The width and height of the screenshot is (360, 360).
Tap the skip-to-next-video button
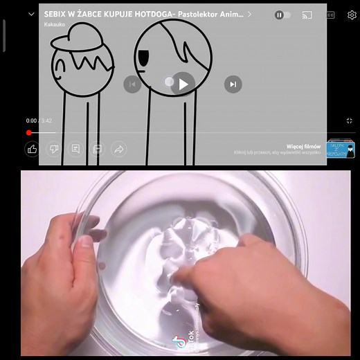[233, 84]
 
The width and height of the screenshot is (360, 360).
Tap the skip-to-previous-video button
[132, 84]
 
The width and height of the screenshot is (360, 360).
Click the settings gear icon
[352, 15]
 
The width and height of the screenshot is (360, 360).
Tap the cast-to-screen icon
[307, 15]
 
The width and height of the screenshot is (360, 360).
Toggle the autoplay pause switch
[282, 15]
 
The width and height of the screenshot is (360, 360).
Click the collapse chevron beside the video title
[31, 14]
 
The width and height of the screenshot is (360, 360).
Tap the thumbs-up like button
[32, 149]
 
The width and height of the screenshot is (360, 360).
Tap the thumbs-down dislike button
[53, 149]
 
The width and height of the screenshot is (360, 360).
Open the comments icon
[75, 149]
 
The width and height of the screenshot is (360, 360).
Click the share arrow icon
[118, 149]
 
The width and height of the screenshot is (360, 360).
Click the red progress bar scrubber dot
[29, 132]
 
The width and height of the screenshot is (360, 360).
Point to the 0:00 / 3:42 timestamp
[39, 120]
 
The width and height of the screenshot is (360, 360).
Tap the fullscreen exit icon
[350, 120]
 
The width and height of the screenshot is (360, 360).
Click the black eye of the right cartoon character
[143, 56]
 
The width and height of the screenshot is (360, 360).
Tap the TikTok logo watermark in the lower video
[180, 341]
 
